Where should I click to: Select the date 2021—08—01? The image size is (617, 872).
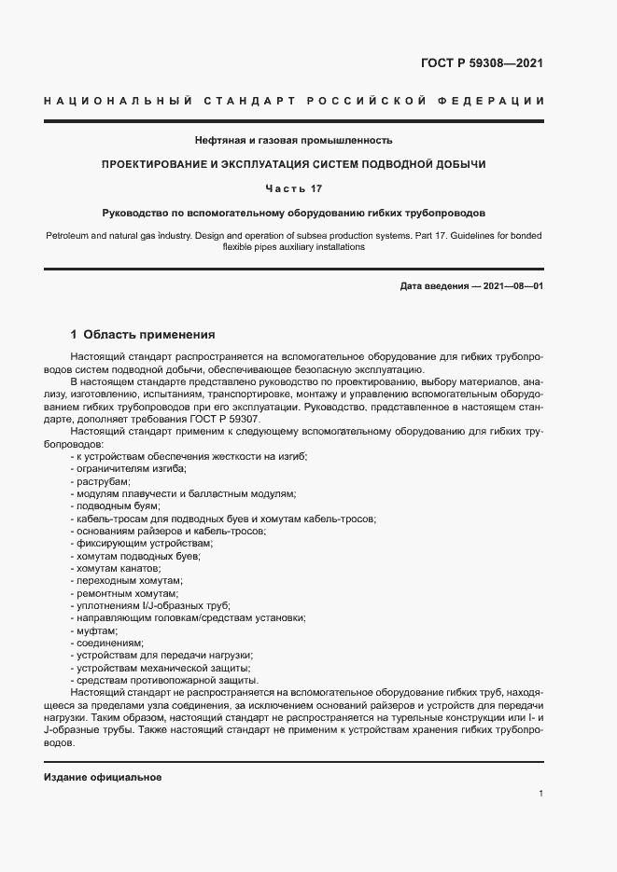tap(512, 286)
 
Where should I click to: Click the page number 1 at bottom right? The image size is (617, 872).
tap(541, 793)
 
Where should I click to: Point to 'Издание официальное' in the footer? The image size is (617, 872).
tap(102, 777)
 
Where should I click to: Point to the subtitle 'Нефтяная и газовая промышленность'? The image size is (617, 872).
tap(294, 140)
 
